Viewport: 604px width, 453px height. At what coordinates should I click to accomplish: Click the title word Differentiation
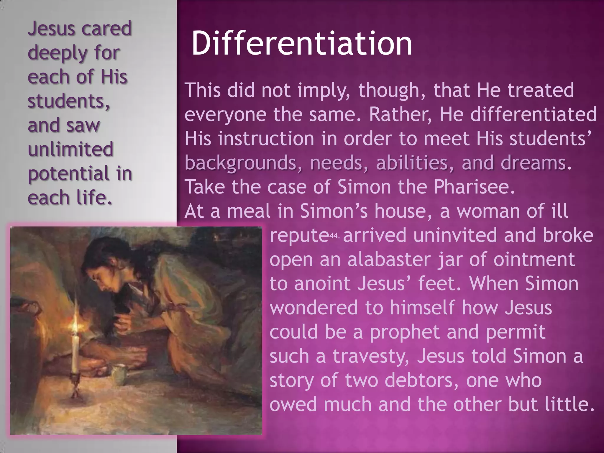[301, 44]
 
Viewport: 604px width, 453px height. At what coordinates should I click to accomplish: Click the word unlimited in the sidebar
[70, 149]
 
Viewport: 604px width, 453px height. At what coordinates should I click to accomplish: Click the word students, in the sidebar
[68, 101]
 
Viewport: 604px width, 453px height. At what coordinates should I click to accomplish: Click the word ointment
[534, 260]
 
